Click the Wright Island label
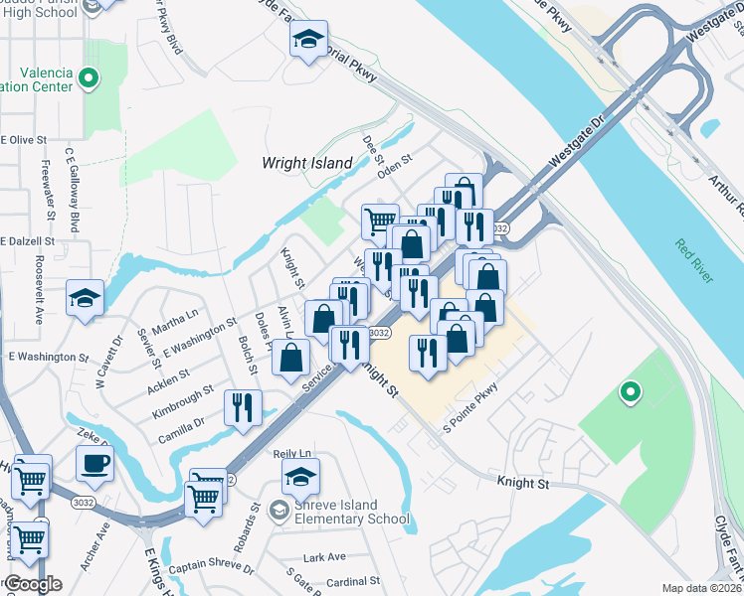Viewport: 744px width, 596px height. (x=307, y=162)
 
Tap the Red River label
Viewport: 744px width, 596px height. (x=693, y=260)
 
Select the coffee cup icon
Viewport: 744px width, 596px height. (x=94, y=462)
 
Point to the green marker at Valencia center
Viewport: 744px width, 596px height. (x=89, y=76)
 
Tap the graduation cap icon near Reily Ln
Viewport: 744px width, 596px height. (x=300, y=478)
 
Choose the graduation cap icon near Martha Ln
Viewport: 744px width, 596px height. (x=85, y=297)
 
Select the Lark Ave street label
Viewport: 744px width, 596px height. (x=324, y=557)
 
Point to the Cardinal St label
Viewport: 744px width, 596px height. (x=353, y=580)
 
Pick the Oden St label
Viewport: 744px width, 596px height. (x=394, y=157)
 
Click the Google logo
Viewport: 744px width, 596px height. (x=32, y=584)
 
